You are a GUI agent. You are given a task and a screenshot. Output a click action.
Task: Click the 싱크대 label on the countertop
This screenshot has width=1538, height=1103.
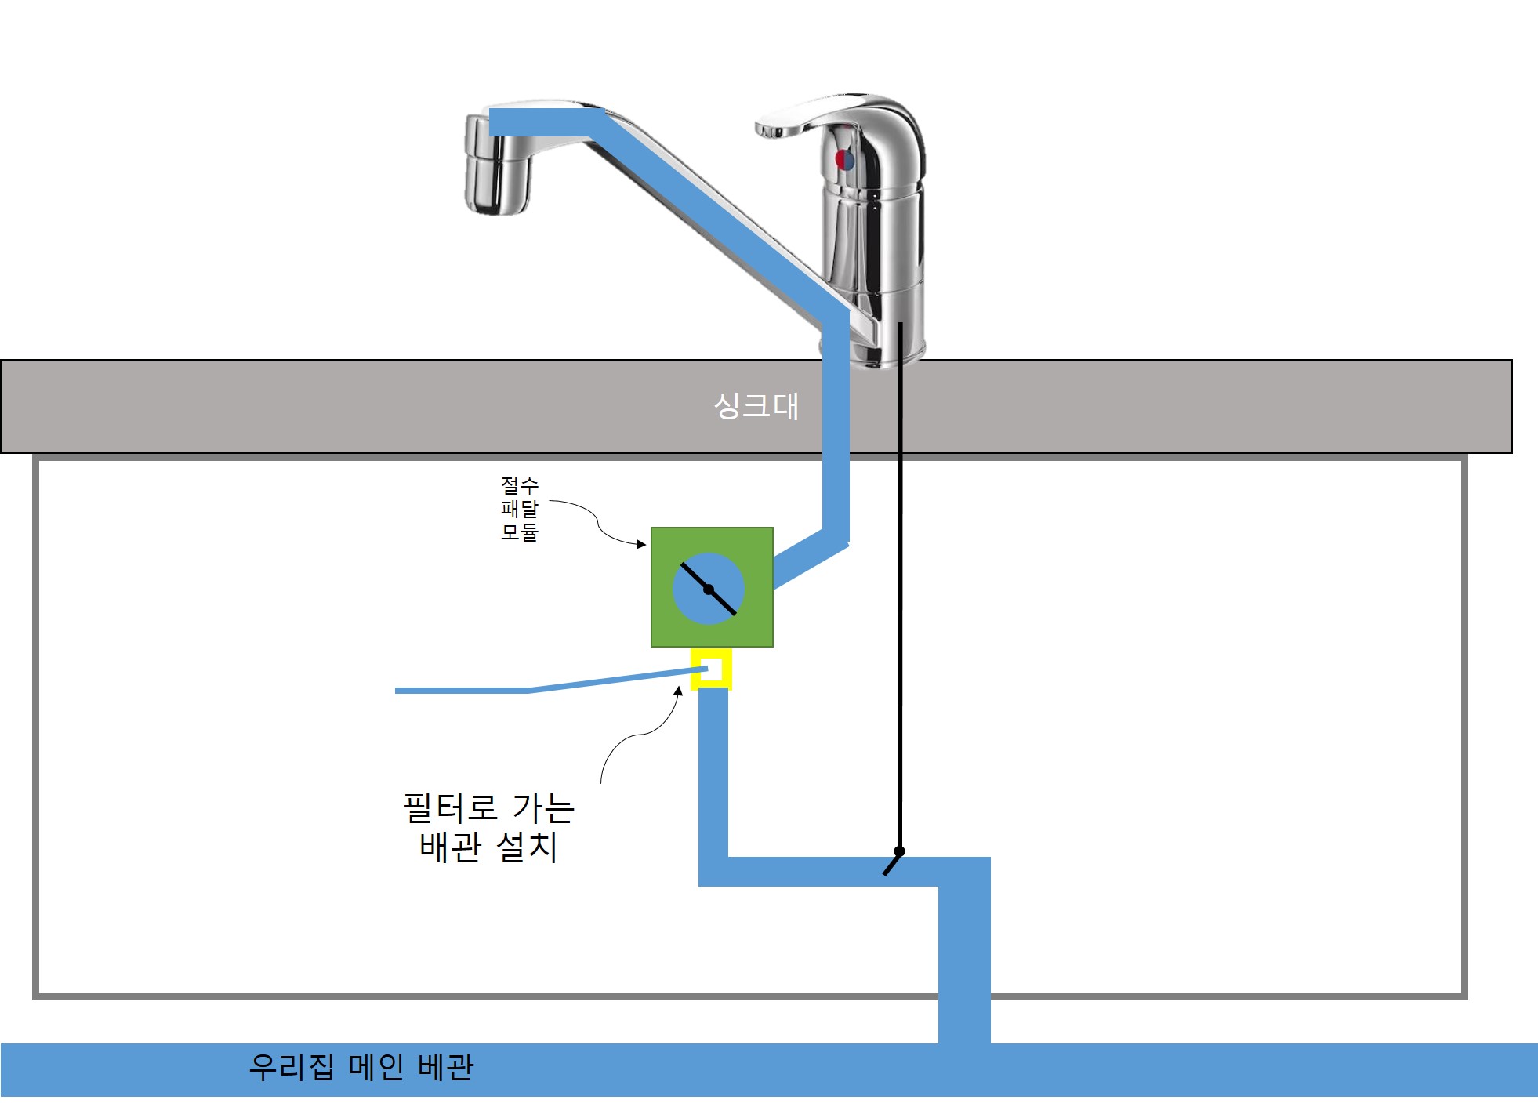pyautogui.click(x=756, y=406)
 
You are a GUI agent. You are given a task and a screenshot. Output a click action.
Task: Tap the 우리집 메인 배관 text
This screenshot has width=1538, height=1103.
pyautogui.click(x=361, y=1067)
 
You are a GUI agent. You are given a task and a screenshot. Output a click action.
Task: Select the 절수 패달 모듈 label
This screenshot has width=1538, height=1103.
pyautogui.click(x=520, y=509)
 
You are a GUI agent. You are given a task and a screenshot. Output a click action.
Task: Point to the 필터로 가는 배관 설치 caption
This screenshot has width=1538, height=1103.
pyautogui.click(x=488, y=828)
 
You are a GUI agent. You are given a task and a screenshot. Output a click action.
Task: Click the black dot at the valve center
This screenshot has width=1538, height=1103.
pyautogui.click(x=709, y=590)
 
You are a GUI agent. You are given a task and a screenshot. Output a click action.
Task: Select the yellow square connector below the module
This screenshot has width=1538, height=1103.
pyautogui.click(x=711, y=669)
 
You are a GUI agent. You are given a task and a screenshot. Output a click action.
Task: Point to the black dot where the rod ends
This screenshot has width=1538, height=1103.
pyautogui.click(x=899, y=851)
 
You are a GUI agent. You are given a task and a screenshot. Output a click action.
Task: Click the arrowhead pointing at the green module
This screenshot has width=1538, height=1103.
pyautogui.click(x=642, y=544)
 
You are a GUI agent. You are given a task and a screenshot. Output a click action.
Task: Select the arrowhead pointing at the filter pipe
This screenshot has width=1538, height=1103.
pyautogui.click(x=679, y=691)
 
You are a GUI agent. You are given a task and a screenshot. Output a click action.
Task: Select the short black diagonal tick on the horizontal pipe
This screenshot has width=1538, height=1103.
pyautogui.click(x=891, y=865)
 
